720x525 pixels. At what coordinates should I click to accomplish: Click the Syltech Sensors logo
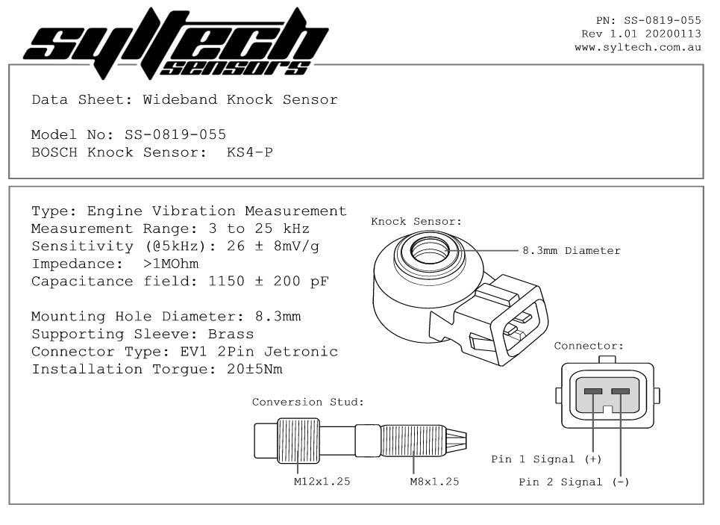[x=176, y=43]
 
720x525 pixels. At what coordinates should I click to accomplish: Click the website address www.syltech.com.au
[x=638, y=47]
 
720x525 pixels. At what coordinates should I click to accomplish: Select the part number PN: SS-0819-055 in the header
[x=648, y=20]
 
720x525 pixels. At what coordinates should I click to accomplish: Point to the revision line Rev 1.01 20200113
[x=641, y=34]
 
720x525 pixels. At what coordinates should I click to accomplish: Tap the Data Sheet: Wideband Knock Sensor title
[x=184, y=99]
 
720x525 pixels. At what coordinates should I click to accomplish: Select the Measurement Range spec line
[x=170, y=229]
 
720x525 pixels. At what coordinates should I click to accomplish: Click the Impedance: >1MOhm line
[x=115, y=264]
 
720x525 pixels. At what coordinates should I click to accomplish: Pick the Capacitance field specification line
[x=179, y=282]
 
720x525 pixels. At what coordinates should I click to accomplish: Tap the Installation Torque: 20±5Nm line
[x=157, y=369]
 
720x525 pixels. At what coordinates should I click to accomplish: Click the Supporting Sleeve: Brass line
[x=143, y=334]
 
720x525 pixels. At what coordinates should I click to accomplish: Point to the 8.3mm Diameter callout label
[x=571, y=251]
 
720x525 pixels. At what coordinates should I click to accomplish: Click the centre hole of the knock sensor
[x=429, y=250]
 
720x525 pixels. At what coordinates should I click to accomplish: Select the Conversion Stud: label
[x=307, y=402]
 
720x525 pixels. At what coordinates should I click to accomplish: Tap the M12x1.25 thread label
[x=322, y=482]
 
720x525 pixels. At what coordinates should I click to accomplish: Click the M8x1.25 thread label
[x=434, y=482]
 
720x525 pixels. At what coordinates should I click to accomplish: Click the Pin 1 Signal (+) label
[x=546, y=459]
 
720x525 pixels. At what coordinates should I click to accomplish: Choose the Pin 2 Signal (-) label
[x=574, y=482]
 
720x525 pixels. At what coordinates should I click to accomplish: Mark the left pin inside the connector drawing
[x=593, y=391]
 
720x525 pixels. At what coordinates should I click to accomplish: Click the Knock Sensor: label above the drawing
[x=416, y=222]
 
